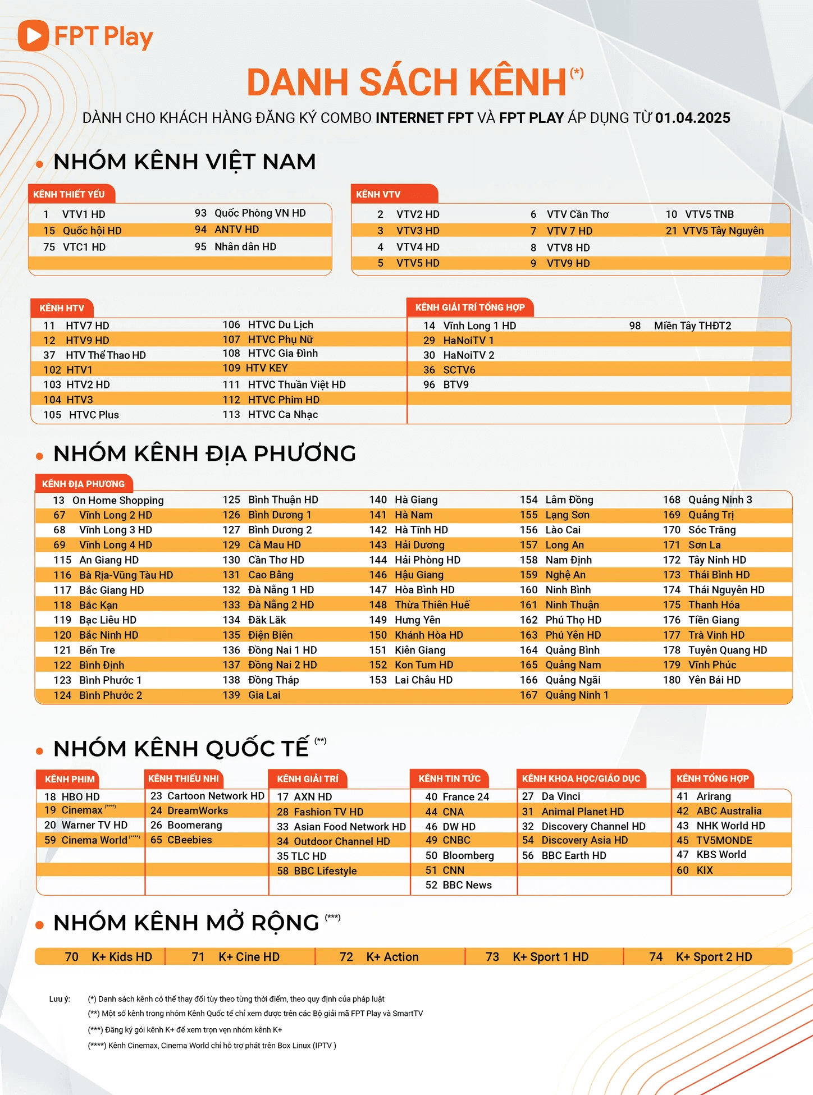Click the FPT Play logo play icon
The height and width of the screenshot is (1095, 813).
(x=33, y=35)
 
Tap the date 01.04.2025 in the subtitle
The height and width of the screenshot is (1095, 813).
(x=692, y=118)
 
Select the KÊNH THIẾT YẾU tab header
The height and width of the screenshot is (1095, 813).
(x=69, y=194)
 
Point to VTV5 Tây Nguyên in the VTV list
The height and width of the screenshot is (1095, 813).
(x=723, y=231)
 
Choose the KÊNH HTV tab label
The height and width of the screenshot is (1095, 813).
(x=62, y=308)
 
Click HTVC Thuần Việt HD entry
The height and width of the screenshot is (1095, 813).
(x=296, y=384)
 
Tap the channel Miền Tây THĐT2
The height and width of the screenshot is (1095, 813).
(x=692, y=326)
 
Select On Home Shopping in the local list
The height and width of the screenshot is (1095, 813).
(x=118, y=500)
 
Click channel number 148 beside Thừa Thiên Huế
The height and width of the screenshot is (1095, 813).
(x=378, y=605)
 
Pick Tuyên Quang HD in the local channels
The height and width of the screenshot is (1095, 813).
(x=728, y=650)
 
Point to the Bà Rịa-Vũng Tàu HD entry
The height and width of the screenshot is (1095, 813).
(x=126, y=575)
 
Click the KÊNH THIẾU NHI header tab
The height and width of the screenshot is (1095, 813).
(x=184, y=778)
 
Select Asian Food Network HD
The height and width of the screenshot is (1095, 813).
(x=349, y=827)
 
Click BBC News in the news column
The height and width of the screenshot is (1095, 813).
(x=467, y=885)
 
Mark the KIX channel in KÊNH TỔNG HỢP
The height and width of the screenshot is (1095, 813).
(x=705, y=870)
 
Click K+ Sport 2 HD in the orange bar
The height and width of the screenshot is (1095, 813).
(x=714, y=957)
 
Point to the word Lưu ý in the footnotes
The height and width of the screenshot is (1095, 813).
(x=60, y=999)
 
